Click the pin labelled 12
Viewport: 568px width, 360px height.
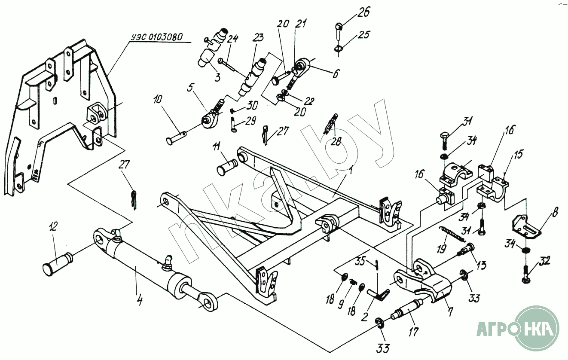(x=57, y=262)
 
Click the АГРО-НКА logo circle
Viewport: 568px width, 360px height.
(x=537, y=329)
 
